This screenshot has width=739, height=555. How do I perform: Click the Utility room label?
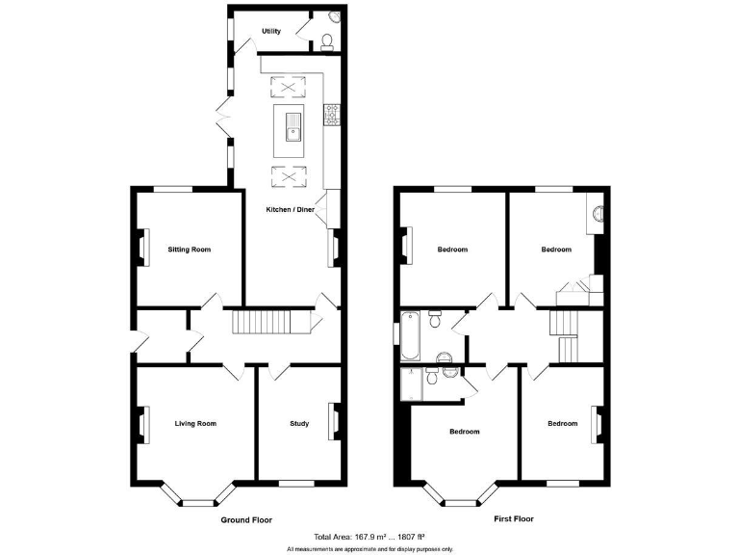point(271,32)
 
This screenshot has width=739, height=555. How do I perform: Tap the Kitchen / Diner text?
point(291,209)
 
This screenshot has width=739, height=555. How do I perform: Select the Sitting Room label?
point(189,250)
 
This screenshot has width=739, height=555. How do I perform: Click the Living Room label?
point(195,423)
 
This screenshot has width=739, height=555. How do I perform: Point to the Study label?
point(299,423)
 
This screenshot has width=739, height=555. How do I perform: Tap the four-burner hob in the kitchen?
point(332,115)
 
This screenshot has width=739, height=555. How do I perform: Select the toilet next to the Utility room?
point(327,41)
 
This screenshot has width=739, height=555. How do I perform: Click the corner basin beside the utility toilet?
point(333,17)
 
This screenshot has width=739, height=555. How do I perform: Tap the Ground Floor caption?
point(246,519)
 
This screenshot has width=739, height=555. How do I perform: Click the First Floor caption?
point(514,519)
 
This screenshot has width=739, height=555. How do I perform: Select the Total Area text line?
point(369,537)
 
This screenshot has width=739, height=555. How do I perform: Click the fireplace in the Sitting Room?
point(143,248)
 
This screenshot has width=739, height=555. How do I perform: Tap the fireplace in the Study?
point(335,421)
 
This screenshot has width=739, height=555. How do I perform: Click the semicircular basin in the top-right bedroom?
point(598,214)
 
